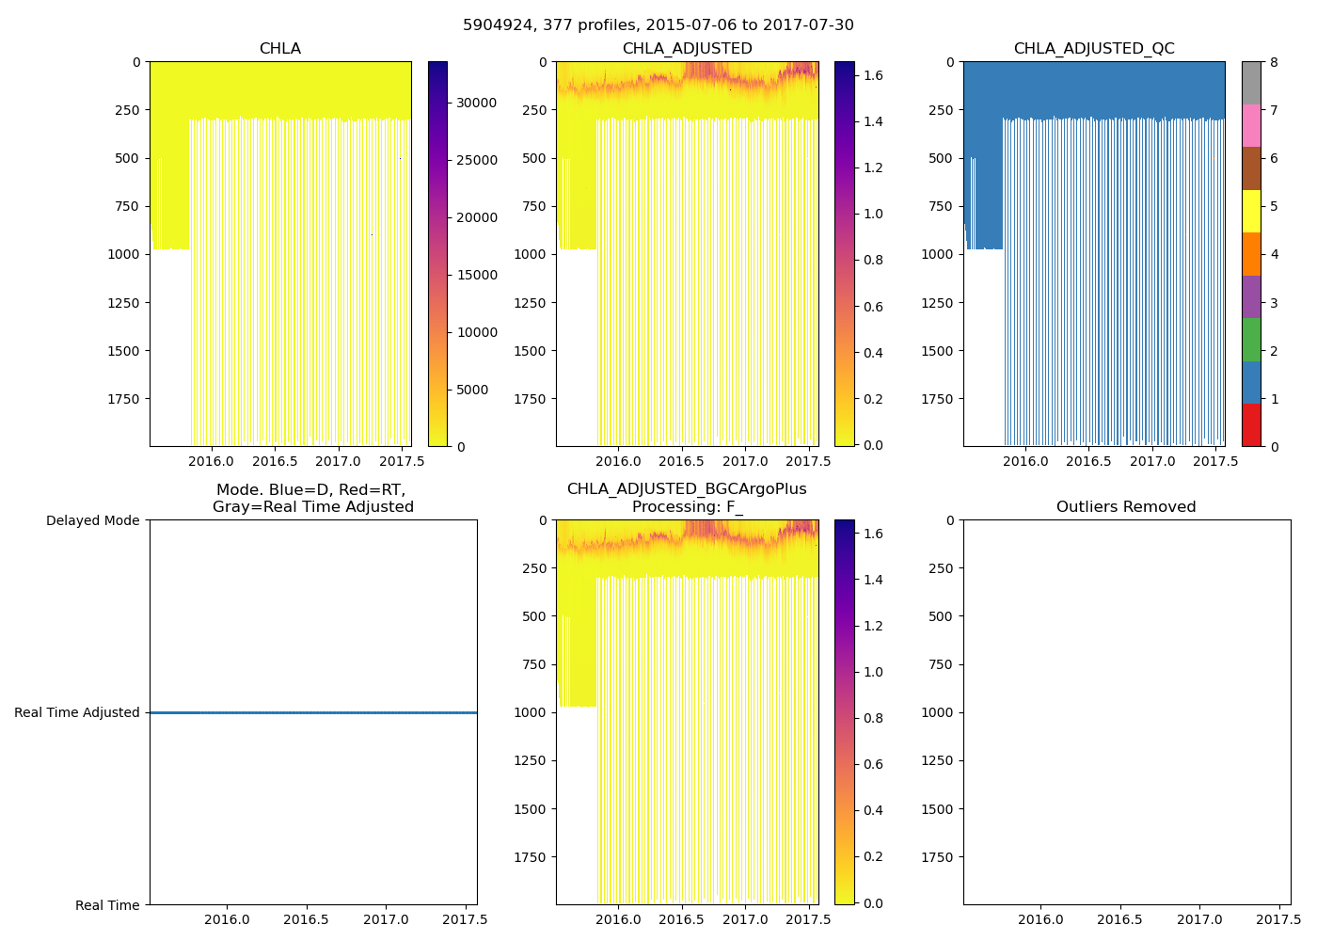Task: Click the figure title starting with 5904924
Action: (658, 25)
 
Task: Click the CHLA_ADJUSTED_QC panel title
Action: (1093, 49)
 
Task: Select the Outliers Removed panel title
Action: (1125, 507)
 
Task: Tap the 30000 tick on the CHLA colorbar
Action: (476, 103)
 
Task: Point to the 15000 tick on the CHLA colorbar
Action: (476, 275)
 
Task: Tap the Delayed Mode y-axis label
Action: (92, 521)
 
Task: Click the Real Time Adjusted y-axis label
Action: (77, 713)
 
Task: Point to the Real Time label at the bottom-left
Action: (107, 905)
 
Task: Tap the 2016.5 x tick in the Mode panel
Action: (305, 920)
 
